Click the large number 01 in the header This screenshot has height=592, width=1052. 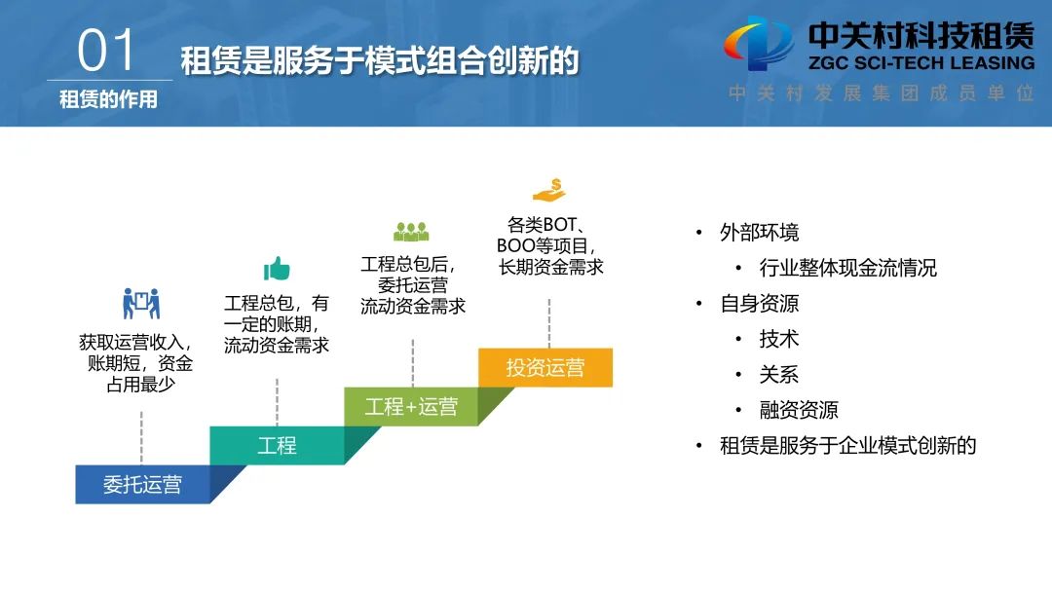tap(106, 51)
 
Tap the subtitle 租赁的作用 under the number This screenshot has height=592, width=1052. tap(108, 99)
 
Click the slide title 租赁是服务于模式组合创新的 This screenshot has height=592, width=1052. tap(380, 61)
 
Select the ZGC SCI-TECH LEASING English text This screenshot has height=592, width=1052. tap(921, 63)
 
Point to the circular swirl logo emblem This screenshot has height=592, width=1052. tap(759, 44)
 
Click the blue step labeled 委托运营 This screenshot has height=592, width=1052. tap(142, 484)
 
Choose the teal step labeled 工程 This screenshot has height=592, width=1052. tap(277, 445)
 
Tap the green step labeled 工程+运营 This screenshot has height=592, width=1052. tap(411, 406)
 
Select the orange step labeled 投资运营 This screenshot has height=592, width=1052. tap(545, 367)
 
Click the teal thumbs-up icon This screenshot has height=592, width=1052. tap(277, 269)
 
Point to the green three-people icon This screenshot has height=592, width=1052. tap(411, 232)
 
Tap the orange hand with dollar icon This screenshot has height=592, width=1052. tap(549, 191)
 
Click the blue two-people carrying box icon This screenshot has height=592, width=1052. tap(141, 304)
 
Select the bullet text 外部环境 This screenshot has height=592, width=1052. tap(760, 233)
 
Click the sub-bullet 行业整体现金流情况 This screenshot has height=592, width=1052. tap(848, 268)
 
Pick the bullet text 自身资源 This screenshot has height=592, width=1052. tap(760, 304)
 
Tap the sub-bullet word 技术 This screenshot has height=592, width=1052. tap(779, 339)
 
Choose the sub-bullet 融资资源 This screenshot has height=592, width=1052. tap(799, 410)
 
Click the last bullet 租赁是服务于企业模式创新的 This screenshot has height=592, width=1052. tap(848, 445)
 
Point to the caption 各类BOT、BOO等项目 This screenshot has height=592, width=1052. tap(546, 235)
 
